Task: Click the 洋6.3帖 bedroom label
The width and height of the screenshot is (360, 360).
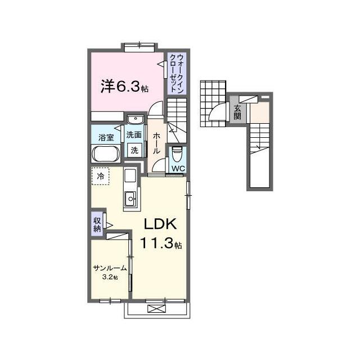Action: coord(124,87)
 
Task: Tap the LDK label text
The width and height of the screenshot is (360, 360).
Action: coord(160,224)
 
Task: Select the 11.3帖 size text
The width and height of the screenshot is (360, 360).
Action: coord(161,243)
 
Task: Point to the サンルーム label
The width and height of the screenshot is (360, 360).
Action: coord(110,268)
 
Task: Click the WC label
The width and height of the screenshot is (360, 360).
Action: coord(178,169)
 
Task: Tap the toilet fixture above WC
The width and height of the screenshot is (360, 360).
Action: coord(177,154)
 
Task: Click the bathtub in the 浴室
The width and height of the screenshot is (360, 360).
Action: coord(106,154)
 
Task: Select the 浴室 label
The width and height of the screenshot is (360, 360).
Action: coord(106,137)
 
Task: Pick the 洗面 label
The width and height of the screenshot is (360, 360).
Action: coord(134,135)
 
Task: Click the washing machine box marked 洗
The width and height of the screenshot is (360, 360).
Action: coord(134,150)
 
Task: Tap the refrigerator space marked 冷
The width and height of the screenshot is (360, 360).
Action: coord(100,176)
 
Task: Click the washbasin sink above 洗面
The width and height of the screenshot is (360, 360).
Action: coord(136,119)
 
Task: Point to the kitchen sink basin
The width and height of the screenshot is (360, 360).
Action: coord(130,199)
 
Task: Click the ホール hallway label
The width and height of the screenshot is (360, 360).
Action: coord(156,143)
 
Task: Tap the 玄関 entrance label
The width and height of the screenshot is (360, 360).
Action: coord(237,112)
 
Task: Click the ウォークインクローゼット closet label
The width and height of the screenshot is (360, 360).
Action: coord(177,74)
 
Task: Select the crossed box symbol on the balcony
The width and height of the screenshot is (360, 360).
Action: coord(156,308)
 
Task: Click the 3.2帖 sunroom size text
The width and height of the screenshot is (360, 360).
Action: coord(110,277)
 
